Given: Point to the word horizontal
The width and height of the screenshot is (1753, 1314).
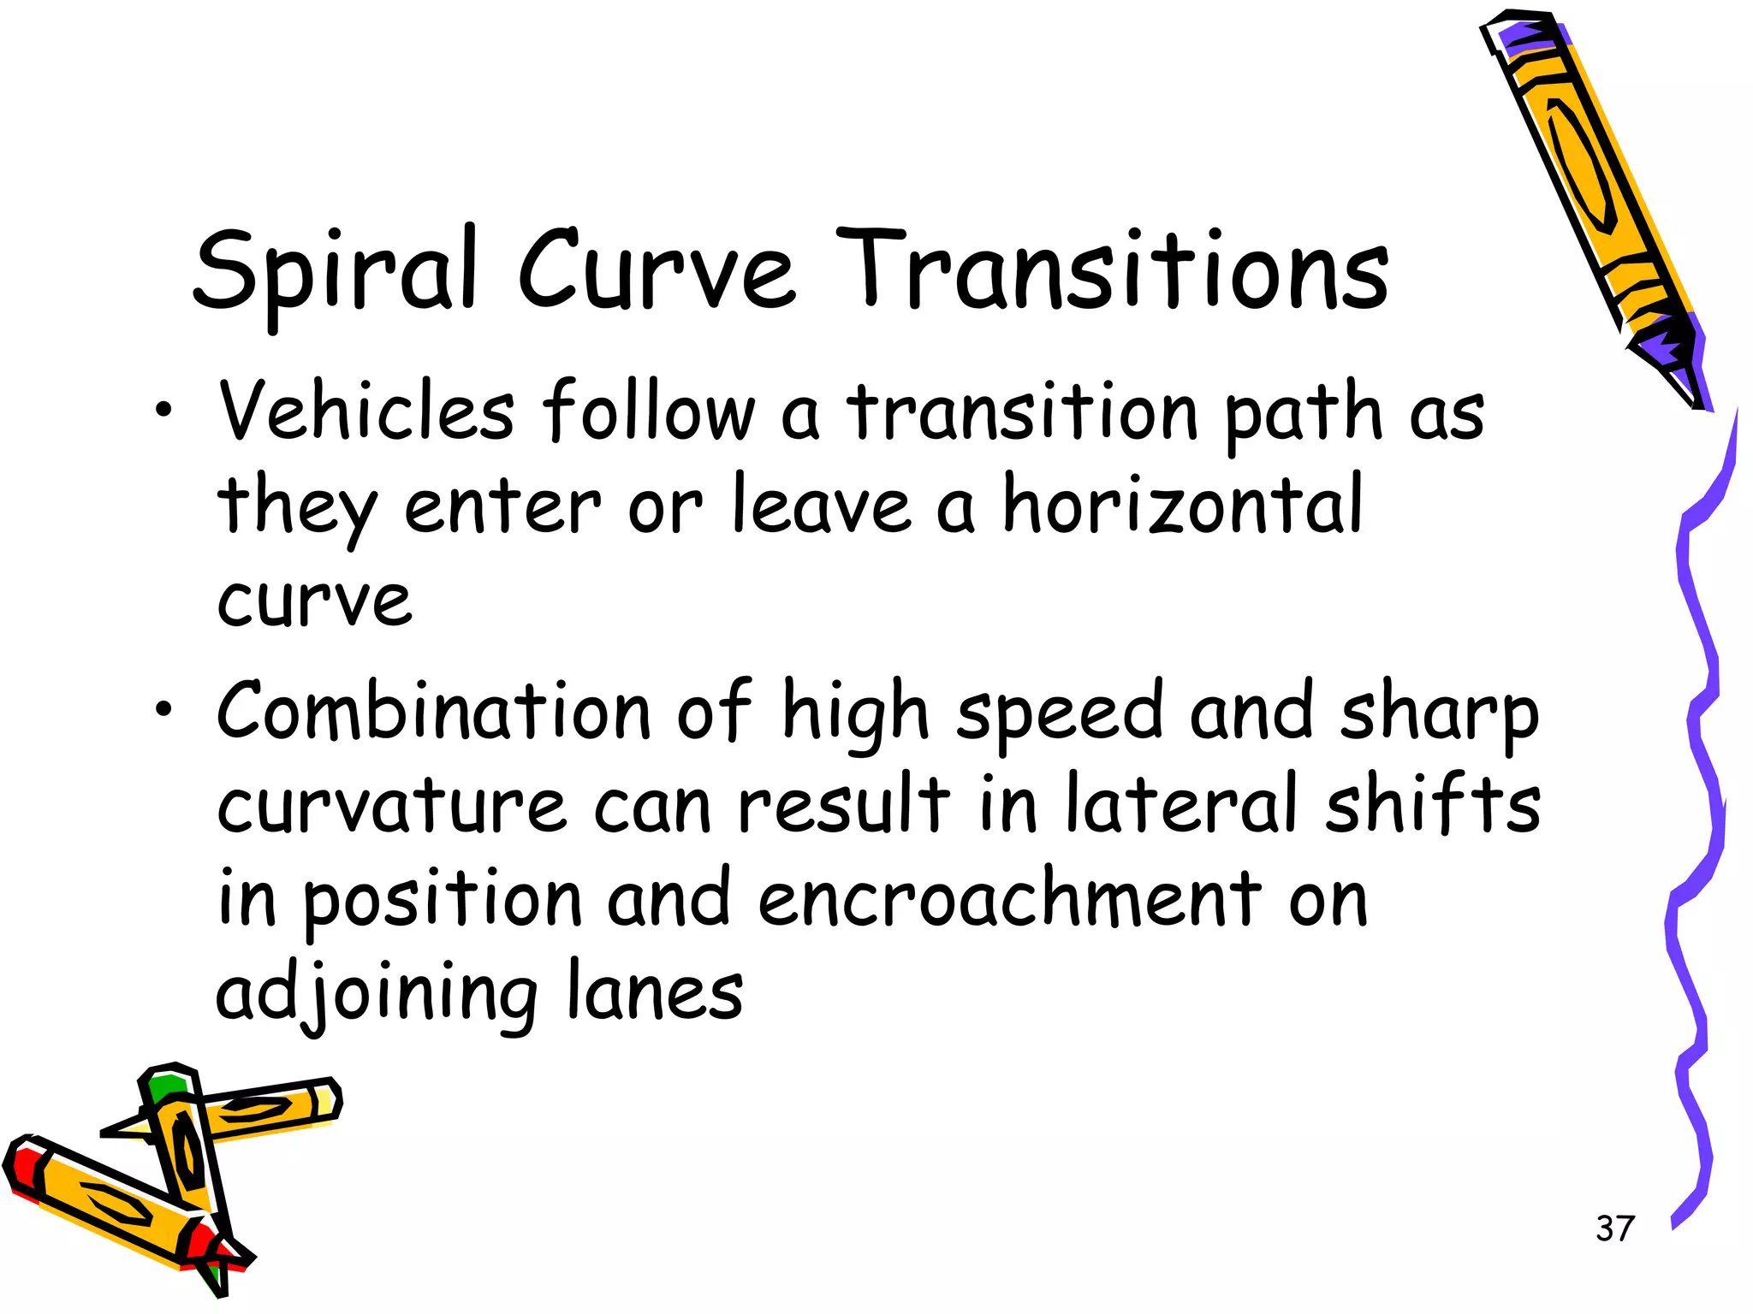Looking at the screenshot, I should pyautogui.click(x=1182, y=505).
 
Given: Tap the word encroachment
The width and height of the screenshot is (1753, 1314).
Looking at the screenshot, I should pyautogui.click(x=1009, y=898).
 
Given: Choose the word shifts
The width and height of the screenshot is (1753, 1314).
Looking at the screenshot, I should pyautogui.click(x=1433, y=804).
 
